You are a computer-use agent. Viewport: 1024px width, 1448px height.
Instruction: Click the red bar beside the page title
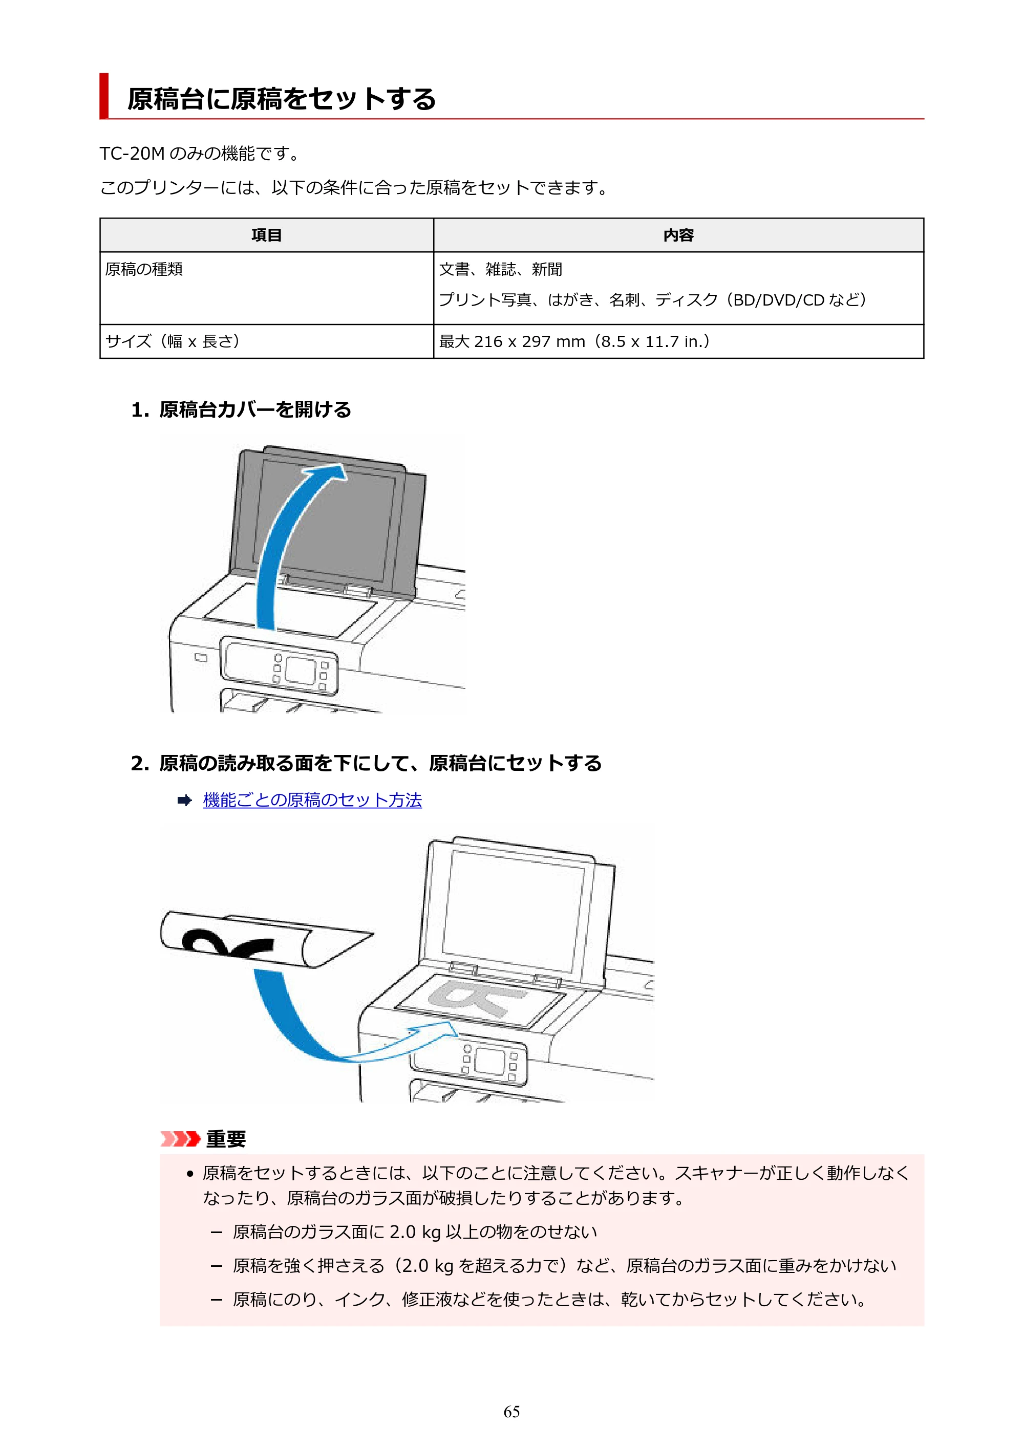point(104,96)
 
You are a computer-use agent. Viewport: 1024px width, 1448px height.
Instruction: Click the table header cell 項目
point(266,235)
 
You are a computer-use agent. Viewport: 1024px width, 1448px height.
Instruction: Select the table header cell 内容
point(678,235)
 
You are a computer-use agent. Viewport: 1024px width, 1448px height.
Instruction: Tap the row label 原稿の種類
point(144,269)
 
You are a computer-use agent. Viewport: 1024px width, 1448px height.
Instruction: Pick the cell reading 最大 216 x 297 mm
point(511,342)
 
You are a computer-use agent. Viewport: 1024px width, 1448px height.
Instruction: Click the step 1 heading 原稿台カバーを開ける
point(255,410)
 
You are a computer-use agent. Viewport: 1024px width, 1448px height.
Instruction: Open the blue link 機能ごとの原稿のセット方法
point(312,801)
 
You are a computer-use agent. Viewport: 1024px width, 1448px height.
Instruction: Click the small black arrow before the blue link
point(184,801)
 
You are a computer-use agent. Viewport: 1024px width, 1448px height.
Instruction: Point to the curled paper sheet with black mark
point(265,940)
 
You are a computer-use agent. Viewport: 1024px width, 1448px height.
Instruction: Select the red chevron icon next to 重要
point(180,1138)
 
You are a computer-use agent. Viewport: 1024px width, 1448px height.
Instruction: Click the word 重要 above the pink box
point(226,1138)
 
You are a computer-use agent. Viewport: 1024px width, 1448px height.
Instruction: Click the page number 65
point(511,1412)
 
